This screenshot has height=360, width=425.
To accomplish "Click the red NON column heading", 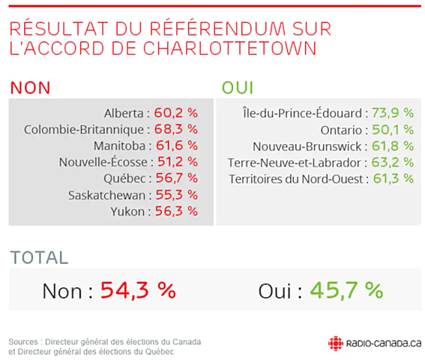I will [x=30, y=86].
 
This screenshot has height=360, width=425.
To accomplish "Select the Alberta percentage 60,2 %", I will [x=176, y=112].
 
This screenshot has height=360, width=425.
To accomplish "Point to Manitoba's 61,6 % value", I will [x=176, y=145].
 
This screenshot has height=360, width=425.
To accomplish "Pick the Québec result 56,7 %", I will [x=176, y=178].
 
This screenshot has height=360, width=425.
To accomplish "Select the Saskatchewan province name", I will [x=109, y=195].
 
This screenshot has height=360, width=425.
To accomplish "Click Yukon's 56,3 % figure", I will [x=176, y=211].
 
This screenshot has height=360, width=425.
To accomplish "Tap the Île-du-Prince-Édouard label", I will [x=304, y=112].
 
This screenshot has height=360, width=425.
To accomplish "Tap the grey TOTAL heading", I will [x=39, y=257].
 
